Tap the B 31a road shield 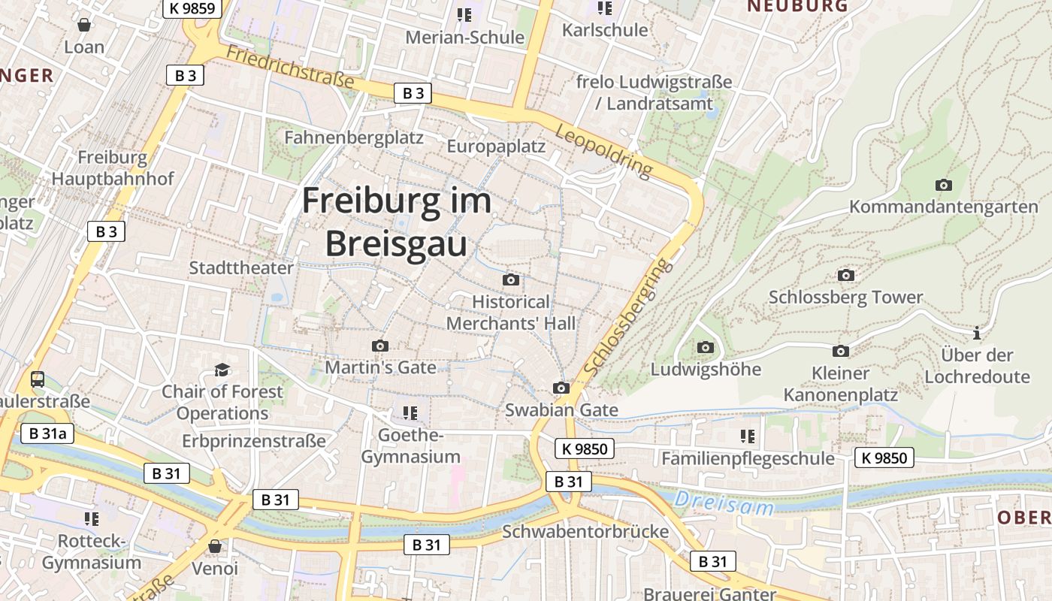[47, 433]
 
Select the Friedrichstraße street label [290, 66]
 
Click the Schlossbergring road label [625, 319]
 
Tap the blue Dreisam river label [724, 503]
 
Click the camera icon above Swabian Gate [561, 388]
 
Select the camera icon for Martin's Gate [380, 346]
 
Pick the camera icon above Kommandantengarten [943, 185]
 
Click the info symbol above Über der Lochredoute [977, 333]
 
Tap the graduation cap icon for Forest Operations [222, 370]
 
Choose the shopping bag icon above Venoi [215, 546]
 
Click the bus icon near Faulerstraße [38, 379]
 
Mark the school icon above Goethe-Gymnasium [410, 412]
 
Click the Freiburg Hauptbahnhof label [113, 168]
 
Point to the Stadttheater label [241, 268]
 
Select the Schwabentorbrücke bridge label [585, 532]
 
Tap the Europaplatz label [496, 146]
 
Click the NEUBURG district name [797, 6]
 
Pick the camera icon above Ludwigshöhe [705, 347]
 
